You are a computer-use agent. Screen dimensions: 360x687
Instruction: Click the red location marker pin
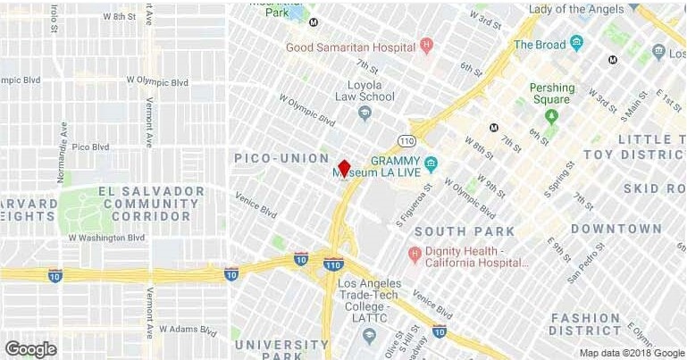[344, 169]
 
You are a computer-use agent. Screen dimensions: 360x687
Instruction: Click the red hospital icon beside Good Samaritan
[427, 45]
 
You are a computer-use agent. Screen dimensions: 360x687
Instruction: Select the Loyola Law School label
[364, 90]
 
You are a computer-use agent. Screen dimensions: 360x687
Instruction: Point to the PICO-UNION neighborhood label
[281, 158]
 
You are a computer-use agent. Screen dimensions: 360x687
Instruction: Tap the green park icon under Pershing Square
[551, 115]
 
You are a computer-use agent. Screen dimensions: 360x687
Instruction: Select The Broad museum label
[540, 44]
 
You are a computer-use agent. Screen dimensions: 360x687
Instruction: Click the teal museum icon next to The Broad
[576, 42]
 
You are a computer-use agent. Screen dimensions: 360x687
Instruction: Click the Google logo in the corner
[31, 348]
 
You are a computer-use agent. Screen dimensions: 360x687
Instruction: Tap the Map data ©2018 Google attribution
[629, 352]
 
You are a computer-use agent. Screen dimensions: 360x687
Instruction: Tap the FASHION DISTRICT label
[585, 324]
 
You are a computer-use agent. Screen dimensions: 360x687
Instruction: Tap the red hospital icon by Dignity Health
[414, 255]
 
